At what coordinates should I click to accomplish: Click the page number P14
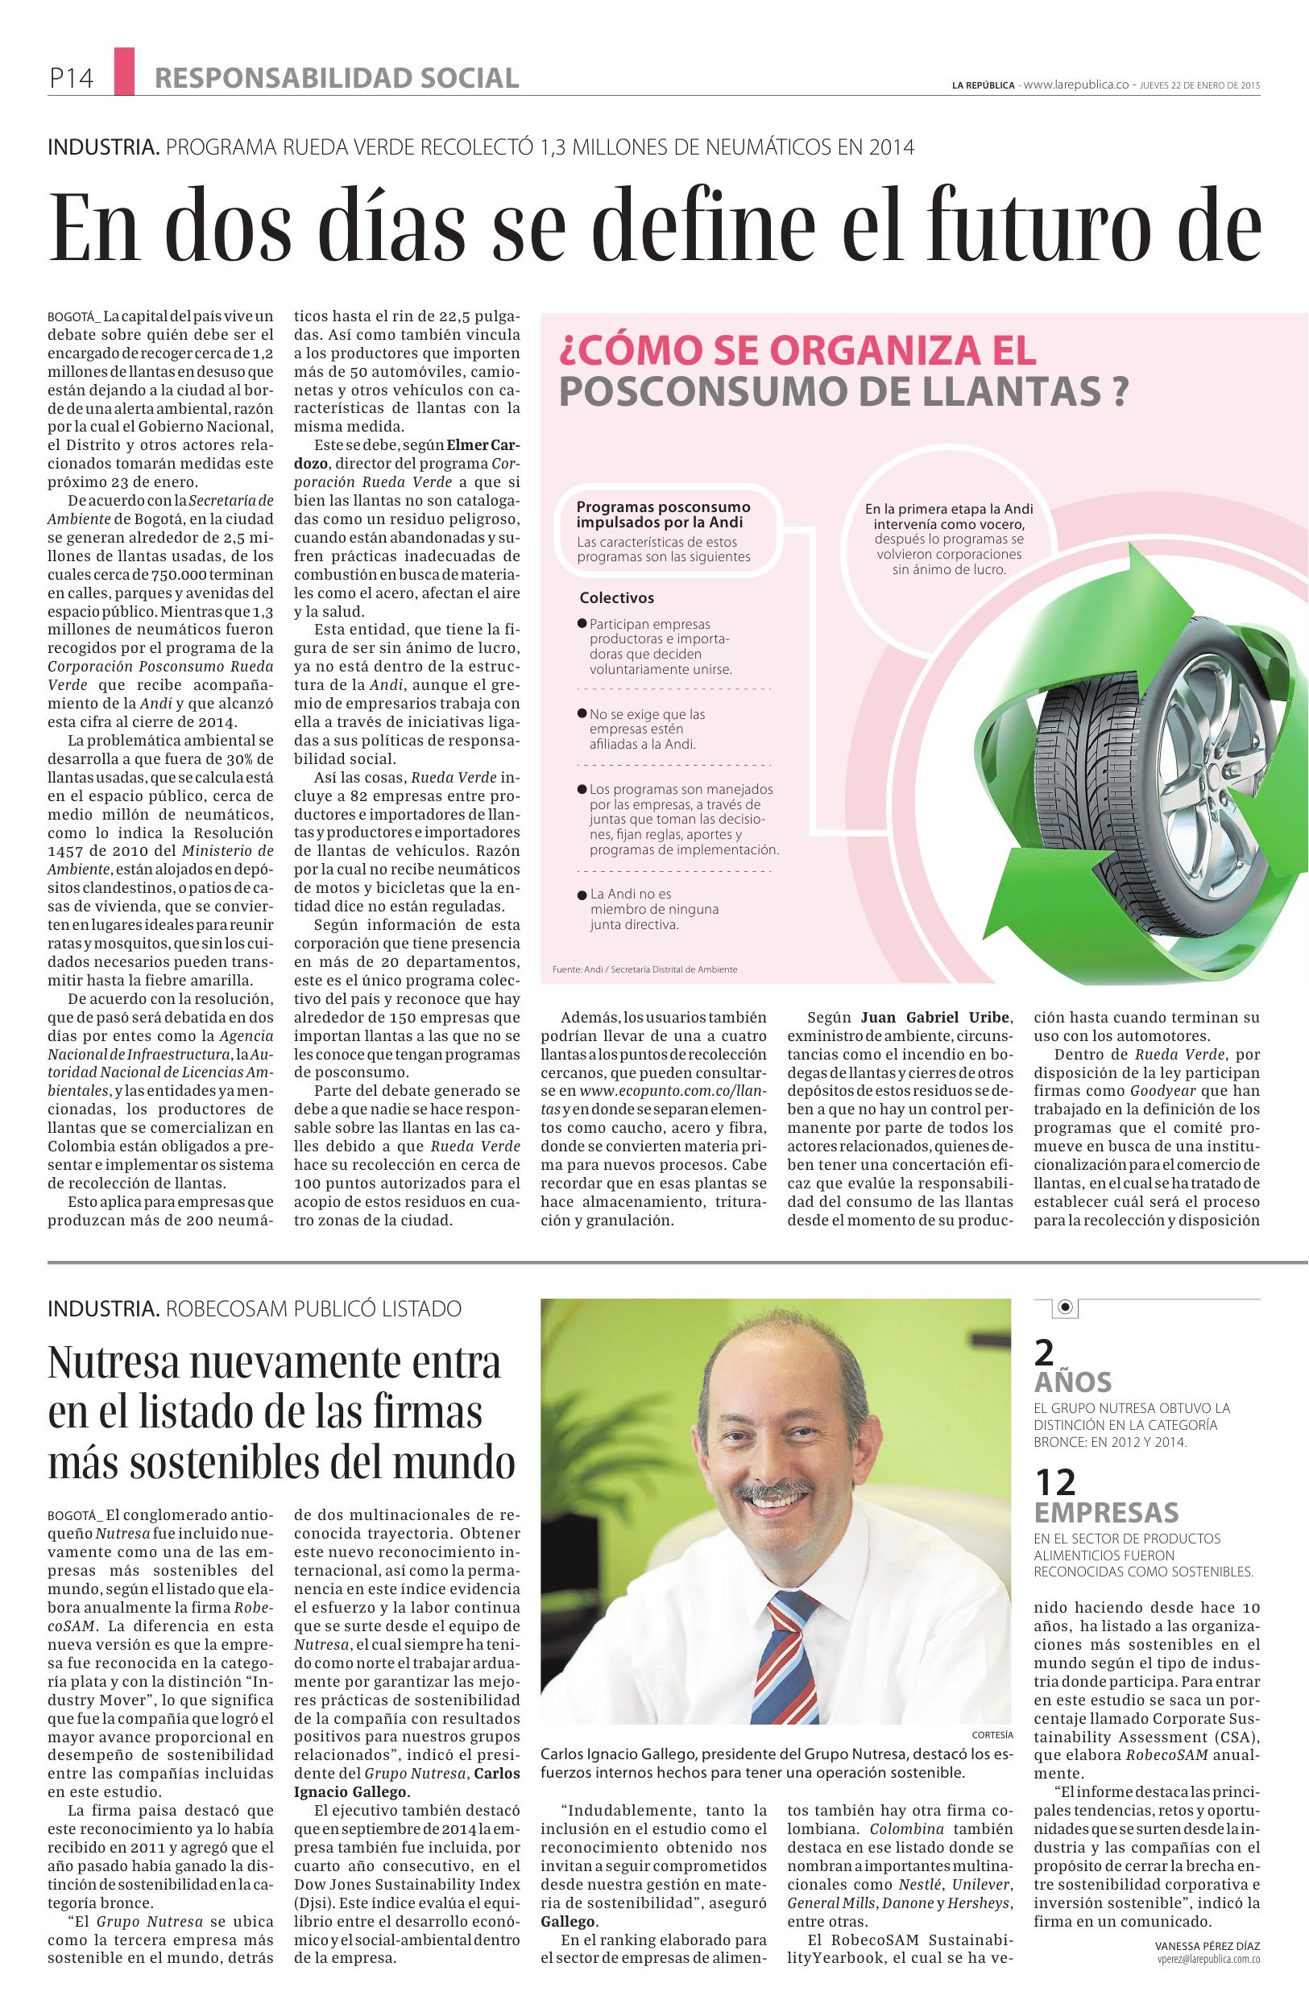[71, 80]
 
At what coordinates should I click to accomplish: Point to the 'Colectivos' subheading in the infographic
[616, 597]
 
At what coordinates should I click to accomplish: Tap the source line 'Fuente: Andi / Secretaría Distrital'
[644, 969]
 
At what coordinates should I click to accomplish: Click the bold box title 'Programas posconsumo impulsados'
[663, 514]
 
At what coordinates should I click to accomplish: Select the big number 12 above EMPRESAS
[1055, 1482]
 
